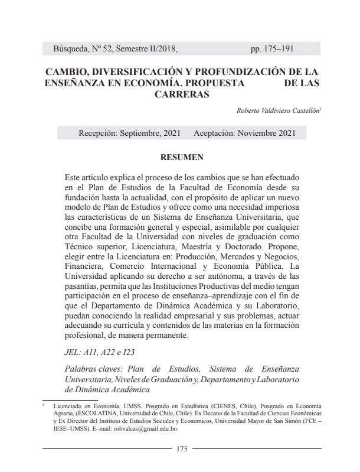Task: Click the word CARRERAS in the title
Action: tap(182, 94)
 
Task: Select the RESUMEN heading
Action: tap(182, 158)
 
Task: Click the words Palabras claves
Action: tap(92, 369)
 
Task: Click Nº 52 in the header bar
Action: tap(117, 48)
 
